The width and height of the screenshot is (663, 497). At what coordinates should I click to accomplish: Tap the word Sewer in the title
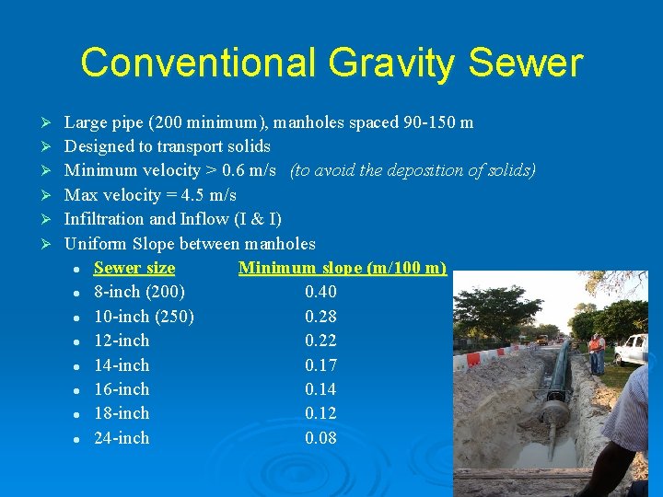click(x=526, y=64)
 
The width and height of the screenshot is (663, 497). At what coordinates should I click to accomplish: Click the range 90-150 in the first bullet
click(x=430, y=122)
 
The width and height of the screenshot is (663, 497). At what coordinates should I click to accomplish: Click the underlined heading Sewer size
click(x=134, y=268)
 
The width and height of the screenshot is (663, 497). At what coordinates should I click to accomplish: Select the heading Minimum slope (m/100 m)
click(x=342, y=268)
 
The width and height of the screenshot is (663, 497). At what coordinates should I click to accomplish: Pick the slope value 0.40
click(x=320, y=292)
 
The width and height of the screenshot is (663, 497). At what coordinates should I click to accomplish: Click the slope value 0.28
click(x=320, y=317)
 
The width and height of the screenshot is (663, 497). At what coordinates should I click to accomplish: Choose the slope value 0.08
click(x=320, y=438)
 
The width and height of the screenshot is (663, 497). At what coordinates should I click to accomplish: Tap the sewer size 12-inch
click(x=122, y=341)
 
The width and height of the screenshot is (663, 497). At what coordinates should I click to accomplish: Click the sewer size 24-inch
click(x=122, y=438)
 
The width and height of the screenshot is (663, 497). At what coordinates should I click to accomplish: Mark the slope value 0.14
click(x=320, y=389)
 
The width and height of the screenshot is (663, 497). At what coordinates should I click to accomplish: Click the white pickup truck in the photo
click(x=632, y=349)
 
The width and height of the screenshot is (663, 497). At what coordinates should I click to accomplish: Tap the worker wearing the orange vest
click(x=597, y=351)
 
